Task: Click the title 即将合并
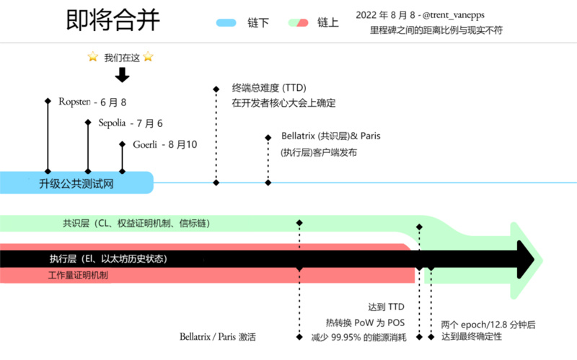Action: (113, 22)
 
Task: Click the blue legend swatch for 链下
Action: (226, 23)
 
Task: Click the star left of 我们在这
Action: (92, 57)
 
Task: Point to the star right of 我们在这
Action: (148, 57)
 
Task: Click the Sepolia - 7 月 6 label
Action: (131, 123)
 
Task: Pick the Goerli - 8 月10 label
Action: (165, 144)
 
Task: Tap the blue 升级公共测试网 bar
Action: (76, 183)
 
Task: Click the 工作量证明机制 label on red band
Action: (78, 275)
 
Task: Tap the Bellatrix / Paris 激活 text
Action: (218, 337)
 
